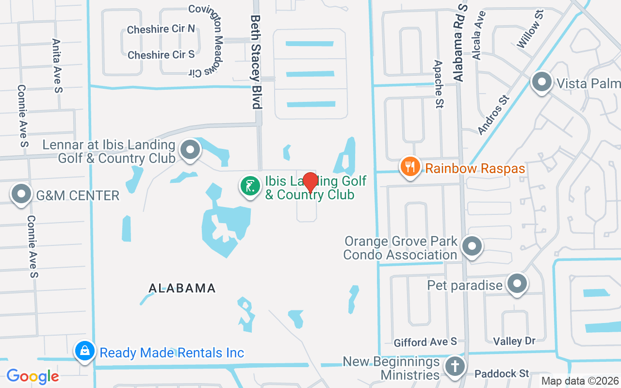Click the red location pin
[x=310, y=182]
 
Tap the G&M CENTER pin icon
[x=21, y=194]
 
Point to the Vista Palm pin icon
[x=542, y=82]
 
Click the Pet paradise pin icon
[x=517, y=284]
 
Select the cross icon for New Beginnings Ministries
[x=455, y=367]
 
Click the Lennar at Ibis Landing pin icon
[x=190, y=150]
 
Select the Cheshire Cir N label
[x=161, y=30]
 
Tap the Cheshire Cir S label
[x=161, y=55]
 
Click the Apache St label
[x=439, y=84]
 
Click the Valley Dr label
[x=514, y=341]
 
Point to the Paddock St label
[x=502, y=373]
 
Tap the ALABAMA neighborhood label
[x=182, y=288]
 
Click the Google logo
[x=33, y=376]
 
